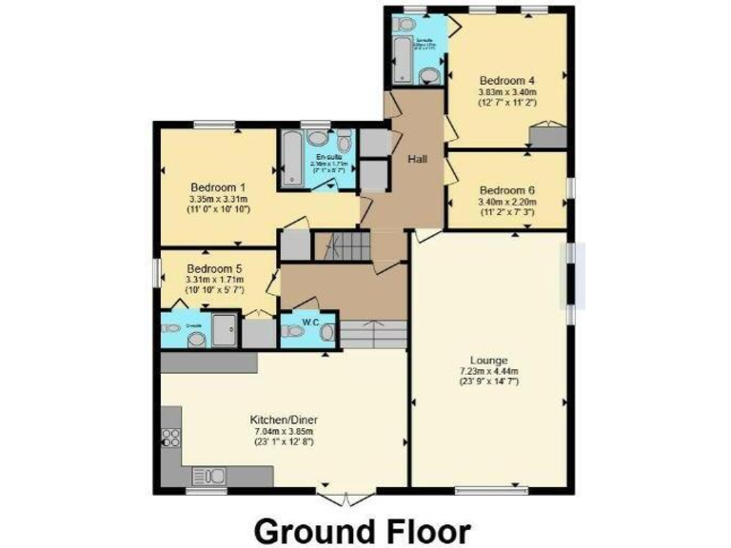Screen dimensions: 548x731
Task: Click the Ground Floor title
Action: tap(362, 528)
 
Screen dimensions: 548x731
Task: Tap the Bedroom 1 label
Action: tap(218, 186)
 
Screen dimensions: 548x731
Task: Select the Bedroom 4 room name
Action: tap(506, 80)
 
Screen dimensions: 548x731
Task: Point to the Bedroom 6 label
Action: tap(506, 189)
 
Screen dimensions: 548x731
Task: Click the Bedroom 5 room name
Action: tap(214, 269)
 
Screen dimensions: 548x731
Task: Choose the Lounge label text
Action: tap(488, 360)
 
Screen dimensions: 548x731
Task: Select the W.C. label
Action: tap(310, 322)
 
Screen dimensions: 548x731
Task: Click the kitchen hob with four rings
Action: tap(173, 438)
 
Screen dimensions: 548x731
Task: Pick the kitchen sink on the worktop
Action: tap(207, 476)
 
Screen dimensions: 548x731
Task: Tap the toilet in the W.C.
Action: tap(327, 332)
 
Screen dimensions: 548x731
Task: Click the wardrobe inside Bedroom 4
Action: tap(547, 139)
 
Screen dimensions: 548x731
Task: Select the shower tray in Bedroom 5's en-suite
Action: tap(226, 329)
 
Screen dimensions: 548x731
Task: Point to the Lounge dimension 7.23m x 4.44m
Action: tap(488, 371)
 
